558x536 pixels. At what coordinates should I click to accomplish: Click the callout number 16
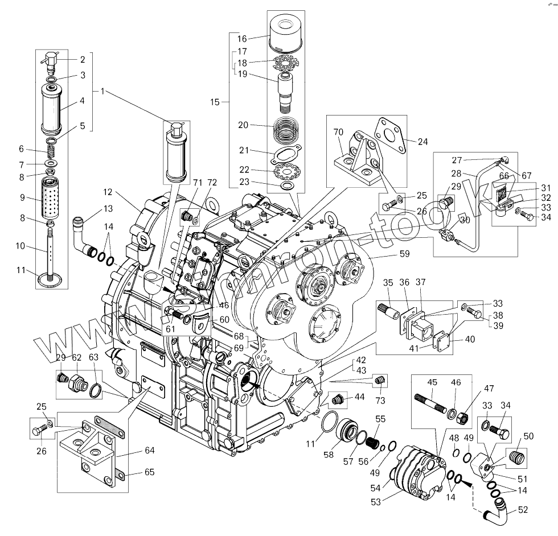point(242,39)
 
